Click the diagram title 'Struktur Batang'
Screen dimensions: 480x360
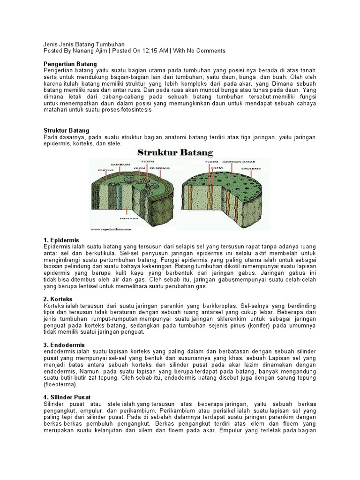point(175,153)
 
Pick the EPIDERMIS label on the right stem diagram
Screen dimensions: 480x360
point(251,167)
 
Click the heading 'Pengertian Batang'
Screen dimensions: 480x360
point(70,63)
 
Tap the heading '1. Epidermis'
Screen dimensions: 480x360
point(61,240)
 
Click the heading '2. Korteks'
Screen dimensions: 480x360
point(59,299)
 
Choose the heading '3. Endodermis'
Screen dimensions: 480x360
point(64,345)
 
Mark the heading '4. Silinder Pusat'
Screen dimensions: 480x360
point(67,397)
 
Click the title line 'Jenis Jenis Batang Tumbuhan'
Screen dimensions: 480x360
point(84,44)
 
